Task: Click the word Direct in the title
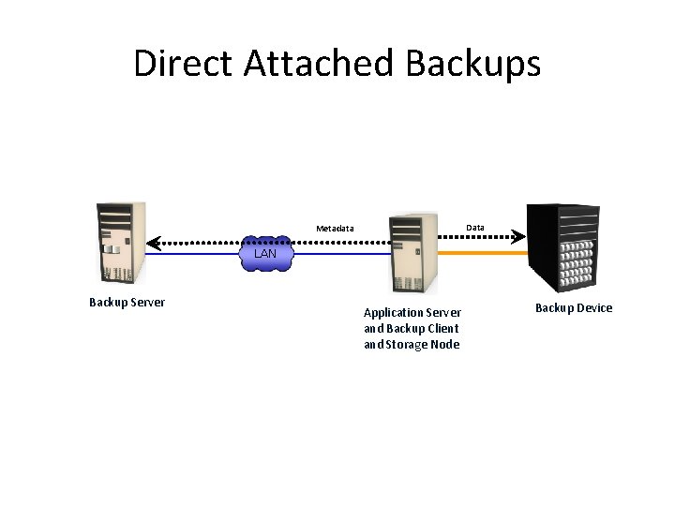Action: point(183,64)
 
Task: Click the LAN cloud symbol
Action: point(265,253)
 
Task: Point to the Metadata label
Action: point(335,229)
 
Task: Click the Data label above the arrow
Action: point(475,228)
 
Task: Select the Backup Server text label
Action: point(127,303)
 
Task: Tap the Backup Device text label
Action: point(573,308)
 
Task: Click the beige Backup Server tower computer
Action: point(121,242)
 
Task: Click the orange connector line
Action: point(483,253)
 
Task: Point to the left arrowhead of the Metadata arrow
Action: point(153,240)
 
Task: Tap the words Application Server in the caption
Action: point(412,312)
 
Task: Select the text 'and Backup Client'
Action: point(411,328)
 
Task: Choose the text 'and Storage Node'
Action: point(411,344)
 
